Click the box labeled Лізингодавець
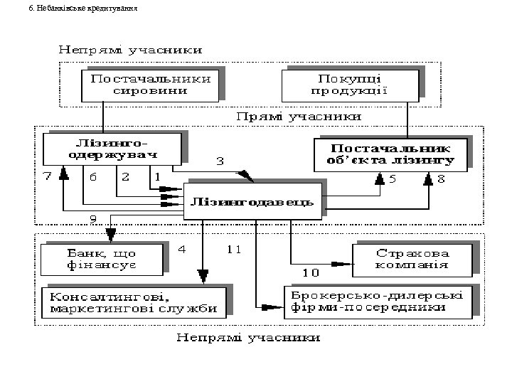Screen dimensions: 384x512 pos(250,202)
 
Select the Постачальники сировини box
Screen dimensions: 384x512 pos(149,85)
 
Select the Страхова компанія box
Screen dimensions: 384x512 pos(413,259)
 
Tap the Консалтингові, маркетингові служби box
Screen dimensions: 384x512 pos(134,302)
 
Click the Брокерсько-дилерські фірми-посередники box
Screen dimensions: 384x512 pos(375,302)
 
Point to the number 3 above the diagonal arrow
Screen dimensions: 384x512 pos(220,162)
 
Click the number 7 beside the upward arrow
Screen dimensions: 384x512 pos(47,176)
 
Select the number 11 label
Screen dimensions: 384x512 pos(235,249)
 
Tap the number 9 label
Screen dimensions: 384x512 pos(93,218)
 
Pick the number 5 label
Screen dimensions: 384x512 pos(391,179)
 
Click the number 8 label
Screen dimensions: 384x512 pos(441,179)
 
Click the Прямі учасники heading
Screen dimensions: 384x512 pos(299,116)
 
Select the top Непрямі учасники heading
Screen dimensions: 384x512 pos(130,50)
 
